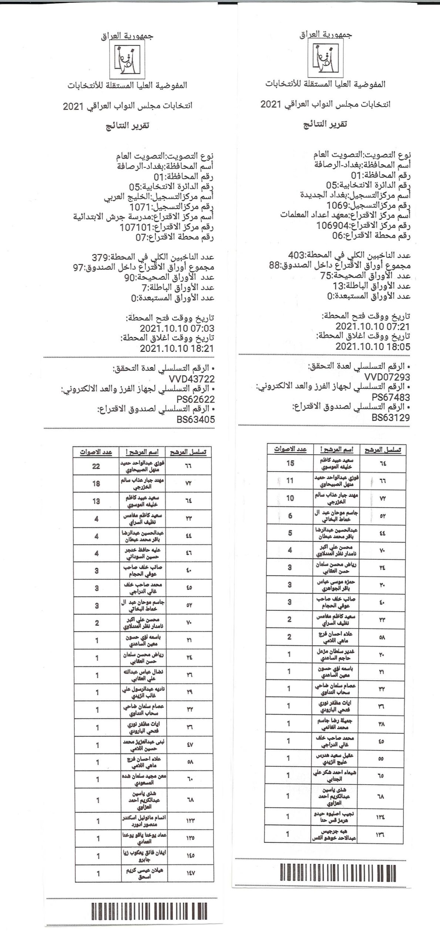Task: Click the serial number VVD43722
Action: click(191, 379)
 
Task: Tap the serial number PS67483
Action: click(391, 397)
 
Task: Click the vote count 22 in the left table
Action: click(96, 466)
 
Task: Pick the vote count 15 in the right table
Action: click(290, 463)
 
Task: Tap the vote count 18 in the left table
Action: click(96, 483)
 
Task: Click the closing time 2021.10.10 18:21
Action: click(177, 348)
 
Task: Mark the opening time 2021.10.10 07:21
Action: click(373, 326)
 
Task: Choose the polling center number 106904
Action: click(333, 225)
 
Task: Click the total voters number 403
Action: click(296, 255)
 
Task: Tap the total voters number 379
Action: click(100, 257)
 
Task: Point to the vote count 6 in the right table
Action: click(290, 515)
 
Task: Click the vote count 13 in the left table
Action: click(96, 501)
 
